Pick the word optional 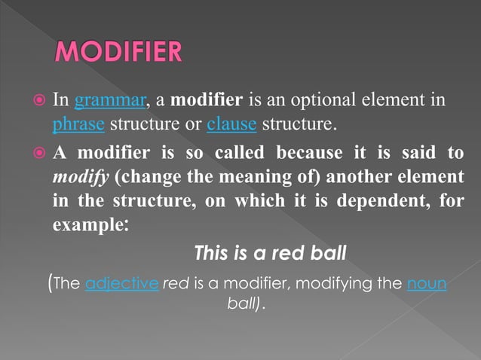(335, 100)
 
